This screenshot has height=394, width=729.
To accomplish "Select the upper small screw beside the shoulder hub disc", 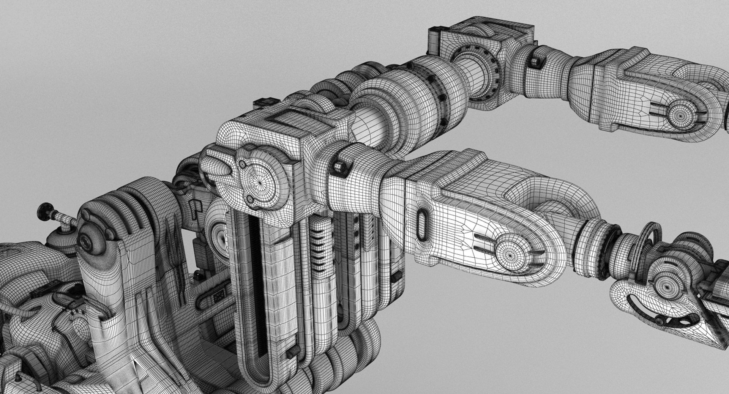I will click(x=241, y=164).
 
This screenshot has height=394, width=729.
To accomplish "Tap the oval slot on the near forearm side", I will click(x=422, y=223).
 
